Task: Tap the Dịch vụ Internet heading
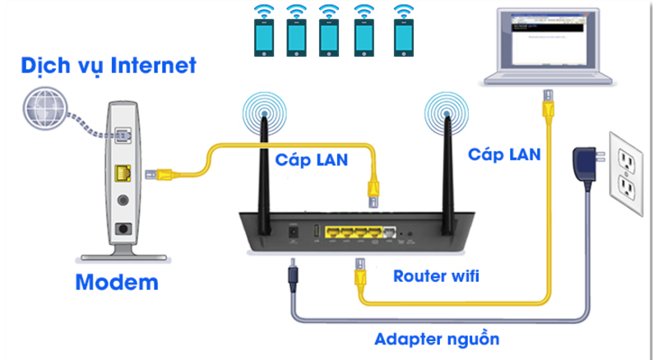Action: pos(109,65)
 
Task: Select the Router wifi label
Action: pos(436,276)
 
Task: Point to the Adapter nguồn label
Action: pos(437,339)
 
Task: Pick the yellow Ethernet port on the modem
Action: pos(123,173)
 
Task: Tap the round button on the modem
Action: pos(123,198)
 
